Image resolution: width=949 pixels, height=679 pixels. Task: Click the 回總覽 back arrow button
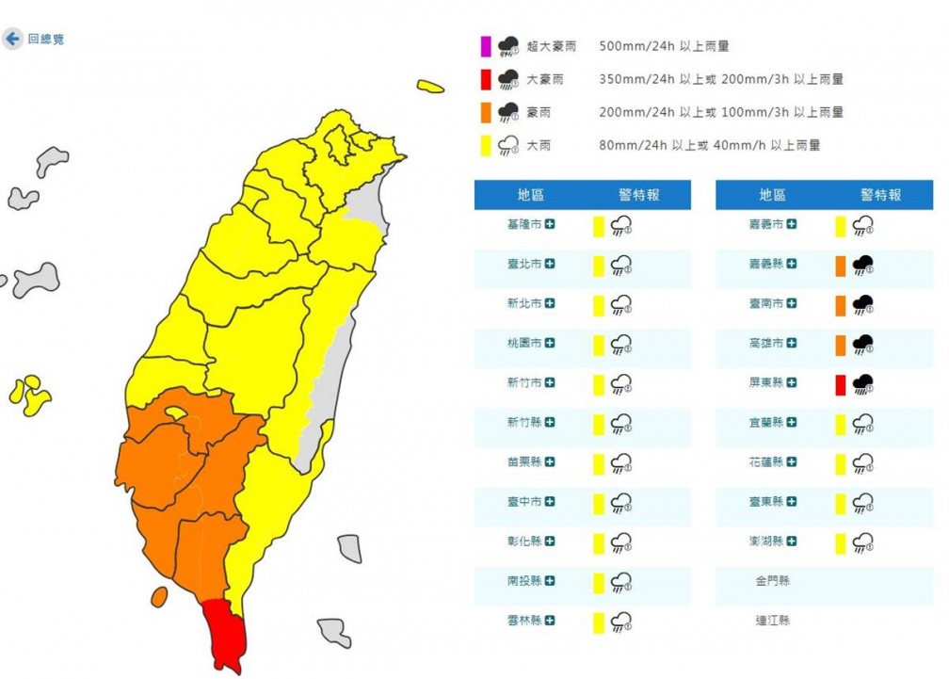click(x=12, y=40)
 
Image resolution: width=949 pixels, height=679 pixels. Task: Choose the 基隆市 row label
click(x=523, y=225)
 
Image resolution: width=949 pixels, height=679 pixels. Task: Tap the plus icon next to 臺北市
click(x=550, y=264)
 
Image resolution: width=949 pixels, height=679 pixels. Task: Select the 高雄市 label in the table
click(x=765, y=344)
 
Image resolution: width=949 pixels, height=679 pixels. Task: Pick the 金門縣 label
click(x=772, y=581)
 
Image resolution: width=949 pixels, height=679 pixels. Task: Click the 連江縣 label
click(x=772, y=621)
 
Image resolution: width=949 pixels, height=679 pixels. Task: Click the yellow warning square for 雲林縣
click(x=598, y=621)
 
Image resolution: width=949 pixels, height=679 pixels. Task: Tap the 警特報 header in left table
click(x=639, y=195)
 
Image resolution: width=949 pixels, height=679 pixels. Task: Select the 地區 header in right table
click(x=772, y=195)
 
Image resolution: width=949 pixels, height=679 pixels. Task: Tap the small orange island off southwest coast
click(x=159, y=596)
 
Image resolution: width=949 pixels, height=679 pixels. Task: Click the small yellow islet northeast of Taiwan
click(x=430, y=88)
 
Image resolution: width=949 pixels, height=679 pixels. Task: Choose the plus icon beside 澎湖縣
click(x=793, y=542)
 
